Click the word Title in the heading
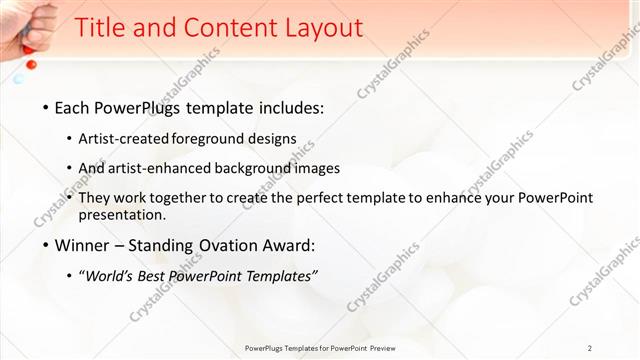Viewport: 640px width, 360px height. (102, 28)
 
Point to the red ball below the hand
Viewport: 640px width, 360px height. (31, 64)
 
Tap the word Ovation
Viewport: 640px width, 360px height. (222, 245)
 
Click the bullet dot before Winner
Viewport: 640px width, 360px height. (46, 245)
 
